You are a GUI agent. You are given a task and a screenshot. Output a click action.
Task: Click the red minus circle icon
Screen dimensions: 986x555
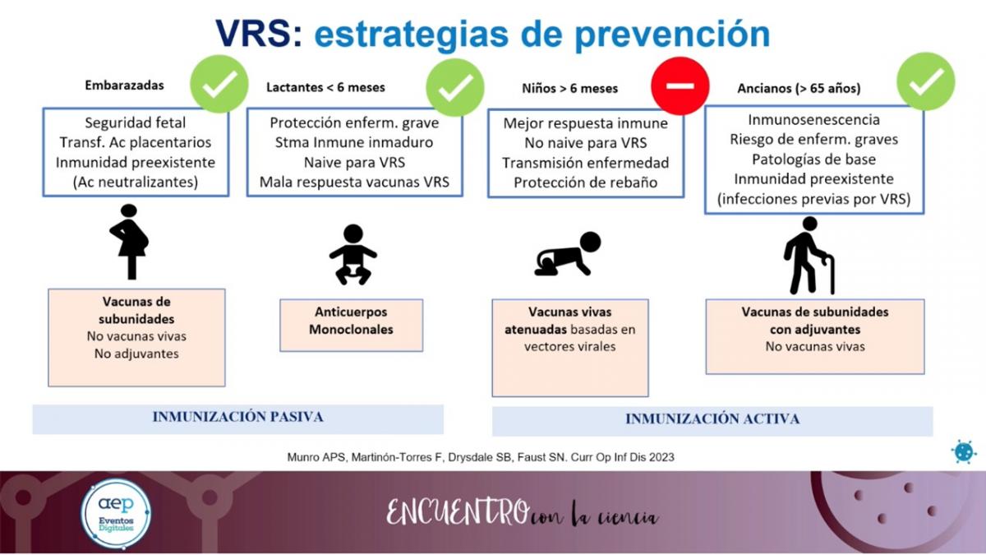(x=680, y=86)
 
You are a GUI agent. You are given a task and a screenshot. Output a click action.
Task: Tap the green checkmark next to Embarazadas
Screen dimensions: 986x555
(x=219, y=84)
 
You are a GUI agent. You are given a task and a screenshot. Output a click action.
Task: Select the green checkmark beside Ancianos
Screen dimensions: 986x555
(x=926, y=81)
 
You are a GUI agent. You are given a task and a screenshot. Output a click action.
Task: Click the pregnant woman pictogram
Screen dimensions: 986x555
(x=129, y=242)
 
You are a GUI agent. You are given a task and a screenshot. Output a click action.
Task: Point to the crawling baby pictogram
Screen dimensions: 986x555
(x=568, y=254)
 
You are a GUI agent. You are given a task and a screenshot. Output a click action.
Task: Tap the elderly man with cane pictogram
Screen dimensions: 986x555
(x=809, y=256)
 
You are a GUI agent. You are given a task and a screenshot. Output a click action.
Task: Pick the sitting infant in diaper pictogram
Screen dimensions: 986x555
(x=353, y=255)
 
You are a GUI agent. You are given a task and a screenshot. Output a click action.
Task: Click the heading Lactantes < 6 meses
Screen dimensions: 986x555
(x=325, y=87)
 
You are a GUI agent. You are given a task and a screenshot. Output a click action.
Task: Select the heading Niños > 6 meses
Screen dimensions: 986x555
(x=570, y=89)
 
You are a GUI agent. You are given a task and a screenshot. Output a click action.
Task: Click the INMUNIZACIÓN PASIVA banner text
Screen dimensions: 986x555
(x=237, y=417)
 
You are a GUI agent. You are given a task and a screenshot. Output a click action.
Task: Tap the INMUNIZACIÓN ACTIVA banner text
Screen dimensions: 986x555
(x=712, y=419)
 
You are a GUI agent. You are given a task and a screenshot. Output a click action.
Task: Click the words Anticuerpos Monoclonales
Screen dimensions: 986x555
(x=352, y=321)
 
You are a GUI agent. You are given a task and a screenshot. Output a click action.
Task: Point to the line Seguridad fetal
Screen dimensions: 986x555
(x=135, y=123)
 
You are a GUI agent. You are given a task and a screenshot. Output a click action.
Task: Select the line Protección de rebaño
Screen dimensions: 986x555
(x=585, y=183)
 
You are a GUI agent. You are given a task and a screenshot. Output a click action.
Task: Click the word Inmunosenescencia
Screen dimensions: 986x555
(x=814, y=120)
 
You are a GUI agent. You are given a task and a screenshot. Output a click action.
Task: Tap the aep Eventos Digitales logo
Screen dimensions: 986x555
(x=116, y=514)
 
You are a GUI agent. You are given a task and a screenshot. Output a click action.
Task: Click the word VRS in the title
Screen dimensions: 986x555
(x=254, y=34)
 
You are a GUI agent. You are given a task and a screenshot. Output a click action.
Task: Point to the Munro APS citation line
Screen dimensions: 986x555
(x=481, y=457)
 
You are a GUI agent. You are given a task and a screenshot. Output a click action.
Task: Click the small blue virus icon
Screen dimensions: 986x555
(x=964, y=451)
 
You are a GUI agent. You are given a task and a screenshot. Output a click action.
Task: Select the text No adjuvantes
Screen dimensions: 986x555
(x=136, y=354)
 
